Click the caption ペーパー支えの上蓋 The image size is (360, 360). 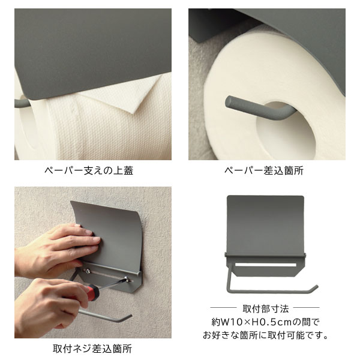(89, 170)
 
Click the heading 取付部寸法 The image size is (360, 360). (267, 309)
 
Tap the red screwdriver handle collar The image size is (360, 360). (91, 292)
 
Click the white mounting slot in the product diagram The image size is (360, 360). (266, 264)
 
